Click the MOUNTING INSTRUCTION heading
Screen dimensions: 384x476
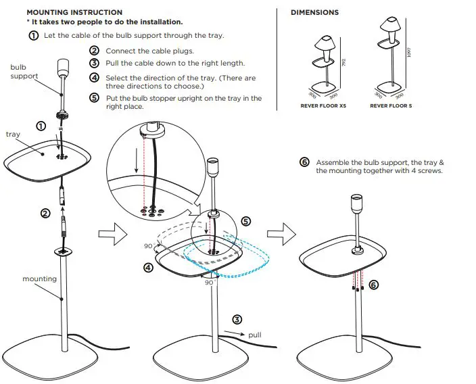click(74, 12)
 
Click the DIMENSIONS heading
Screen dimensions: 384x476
click(314, 12)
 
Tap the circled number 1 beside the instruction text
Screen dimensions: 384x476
click(33, 35)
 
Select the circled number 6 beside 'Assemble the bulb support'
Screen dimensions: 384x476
click(304, 163)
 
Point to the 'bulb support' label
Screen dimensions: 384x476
click(24, 72)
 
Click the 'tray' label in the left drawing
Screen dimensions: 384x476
click(14, 135)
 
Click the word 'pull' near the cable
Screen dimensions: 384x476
click(255, 334)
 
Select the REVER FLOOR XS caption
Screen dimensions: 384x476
click(323, 106)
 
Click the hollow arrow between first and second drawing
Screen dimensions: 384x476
click(109, 234)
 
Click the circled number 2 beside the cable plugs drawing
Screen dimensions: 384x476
click(45, 214)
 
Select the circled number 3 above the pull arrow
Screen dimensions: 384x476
click(237, 319)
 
